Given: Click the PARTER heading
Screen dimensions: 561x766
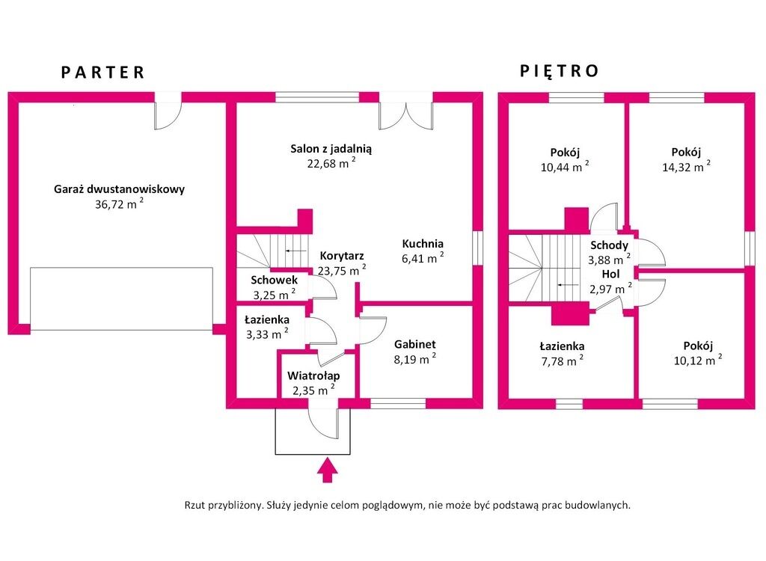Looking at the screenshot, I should coord(102,73).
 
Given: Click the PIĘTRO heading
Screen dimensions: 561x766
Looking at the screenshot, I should coord(560,71).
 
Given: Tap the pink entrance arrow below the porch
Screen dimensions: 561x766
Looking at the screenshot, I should coord(327,470).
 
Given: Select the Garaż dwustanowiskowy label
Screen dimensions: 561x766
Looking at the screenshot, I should coord(119,189).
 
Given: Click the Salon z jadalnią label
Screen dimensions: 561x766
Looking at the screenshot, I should coord(331,149).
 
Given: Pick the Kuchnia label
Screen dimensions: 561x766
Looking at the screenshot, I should coord(423,243).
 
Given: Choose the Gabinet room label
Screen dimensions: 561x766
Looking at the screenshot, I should coord(414,344).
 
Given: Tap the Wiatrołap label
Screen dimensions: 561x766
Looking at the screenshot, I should coord(313,375).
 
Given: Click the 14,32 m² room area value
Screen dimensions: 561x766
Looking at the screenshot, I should coord(687,168).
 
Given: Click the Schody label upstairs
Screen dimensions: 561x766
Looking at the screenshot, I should coord(609,245).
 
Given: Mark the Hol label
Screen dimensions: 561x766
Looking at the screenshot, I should coord(610,274).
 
